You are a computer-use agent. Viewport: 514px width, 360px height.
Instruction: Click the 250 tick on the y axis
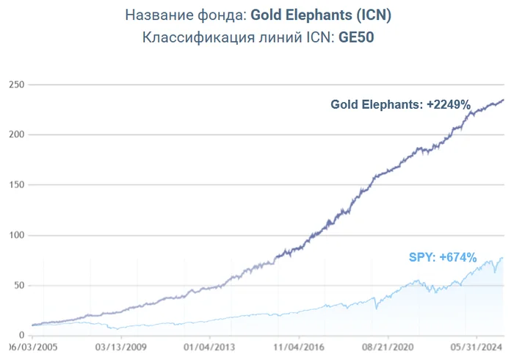16,84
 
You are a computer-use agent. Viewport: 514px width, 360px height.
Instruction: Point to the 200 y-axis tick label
16,134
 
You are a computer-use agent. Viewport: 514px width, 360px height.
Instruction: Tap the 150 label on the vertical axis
16,185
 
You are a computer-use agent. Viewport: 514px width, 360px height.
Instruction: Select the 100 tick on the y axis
16,235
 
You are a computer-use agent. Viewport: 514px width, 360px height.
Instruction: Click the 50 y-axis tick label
19,285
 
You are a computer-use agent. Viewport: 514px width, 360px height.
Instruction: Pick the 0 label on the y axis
22,335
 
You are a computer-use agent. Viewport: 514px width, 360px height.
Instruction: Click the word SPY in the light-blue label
419,258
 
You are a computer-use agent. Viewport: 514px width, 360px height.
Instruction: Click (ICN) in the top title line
370,15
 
